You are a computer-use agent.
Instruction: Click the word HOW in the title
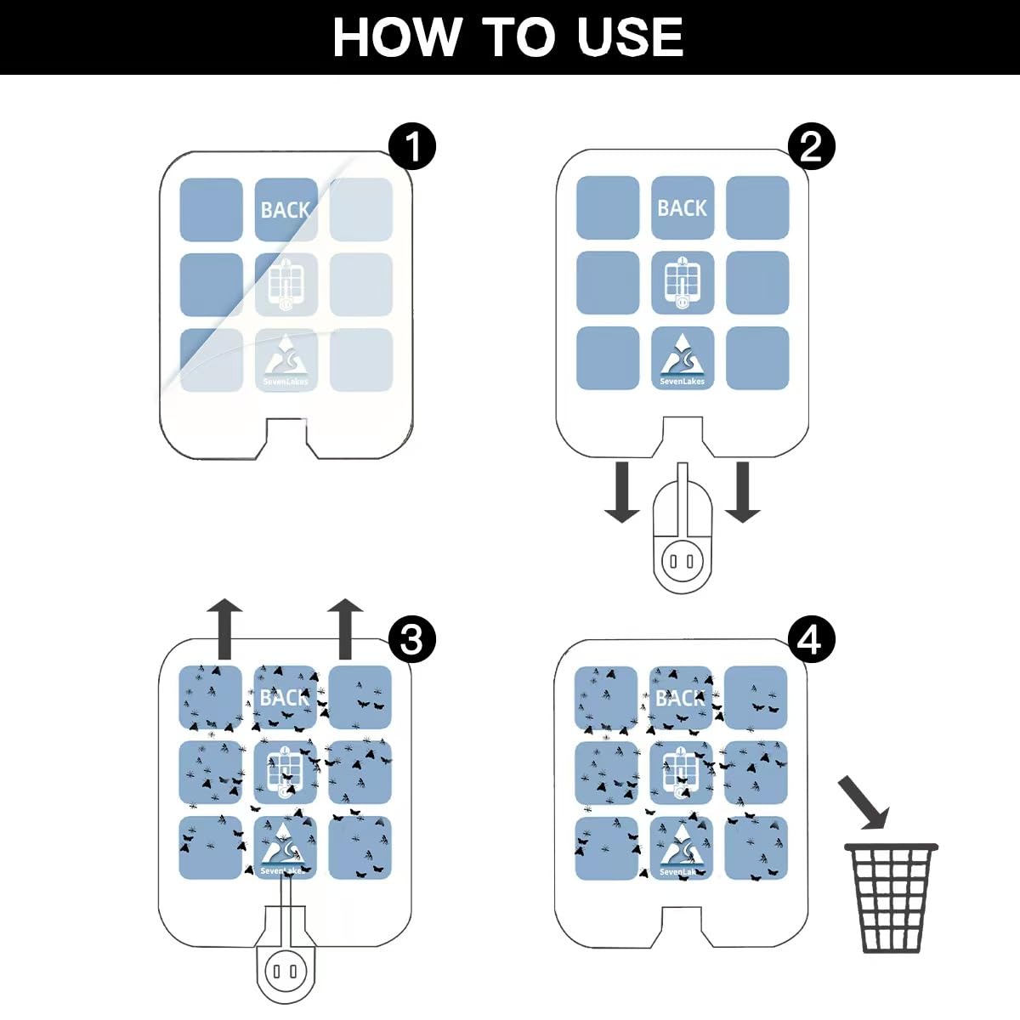point(396,37)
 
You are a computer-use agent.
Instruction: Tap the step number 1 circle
point(411,146)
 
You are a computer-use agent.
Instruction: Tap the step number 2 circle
point(812,146)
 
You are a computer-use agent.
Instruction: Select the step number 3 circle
point(411,639)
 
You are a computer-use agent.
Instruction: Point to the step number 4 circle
point(812,639)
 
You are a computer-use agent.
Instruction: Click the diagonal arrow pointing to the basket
point(864,802)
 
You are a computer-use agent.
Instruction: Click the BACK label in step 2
point(682,208)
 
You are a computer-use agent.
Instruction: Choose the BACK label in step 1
point(286,210)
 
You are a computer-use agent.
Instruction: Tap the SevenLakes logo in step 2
point(683,360)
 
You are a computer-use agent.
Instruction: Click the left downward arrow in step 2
point(622,492)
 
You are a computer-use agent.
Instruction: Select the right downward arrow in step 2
point(743,492)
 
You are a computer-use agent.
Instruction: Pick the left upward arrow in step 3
point(224,629)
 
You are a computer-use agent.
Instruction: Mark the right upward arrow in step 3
point(345,629)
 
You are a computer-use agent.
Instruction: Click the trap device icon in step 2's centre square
point(683,283)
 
